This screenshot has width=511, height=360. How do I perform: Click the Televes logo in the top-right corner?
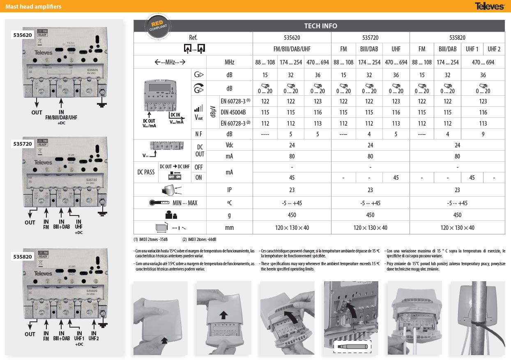coord(490,6)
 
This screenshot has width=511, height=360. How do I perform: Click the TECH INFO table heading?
coord(320,26)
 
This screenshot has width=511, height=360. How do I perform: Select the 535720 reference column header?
coord(370,37)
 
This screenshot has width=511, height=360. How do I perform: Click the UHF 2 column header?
coord(494,49)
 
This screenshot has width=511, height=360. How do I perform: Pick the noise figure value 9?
coord(483,134)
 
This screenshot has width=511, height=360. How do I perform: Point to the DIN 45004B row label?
coord(233,112)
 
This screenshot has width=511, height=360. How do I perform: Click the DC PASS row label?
coord(146,172)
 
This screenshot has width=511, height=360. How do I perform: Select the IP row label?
coord(229,190)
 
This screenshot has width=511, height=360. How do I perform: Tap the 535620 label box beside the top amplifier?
coord(23,35)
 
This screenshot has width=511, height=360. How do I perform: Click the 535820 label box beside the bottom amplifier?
coord(23,257)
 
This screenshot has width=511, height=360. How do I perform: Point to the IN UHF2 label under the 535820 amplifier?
coord(94,336)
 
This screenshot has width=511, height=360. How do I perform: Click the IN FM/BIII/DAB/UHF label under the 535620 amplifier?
coord(61,115)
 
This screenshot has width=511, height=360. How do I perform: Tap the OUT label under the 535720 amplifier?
coord(30,222)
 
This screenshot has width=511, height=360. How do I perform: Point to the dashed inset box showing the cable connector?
coord(352,346)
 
